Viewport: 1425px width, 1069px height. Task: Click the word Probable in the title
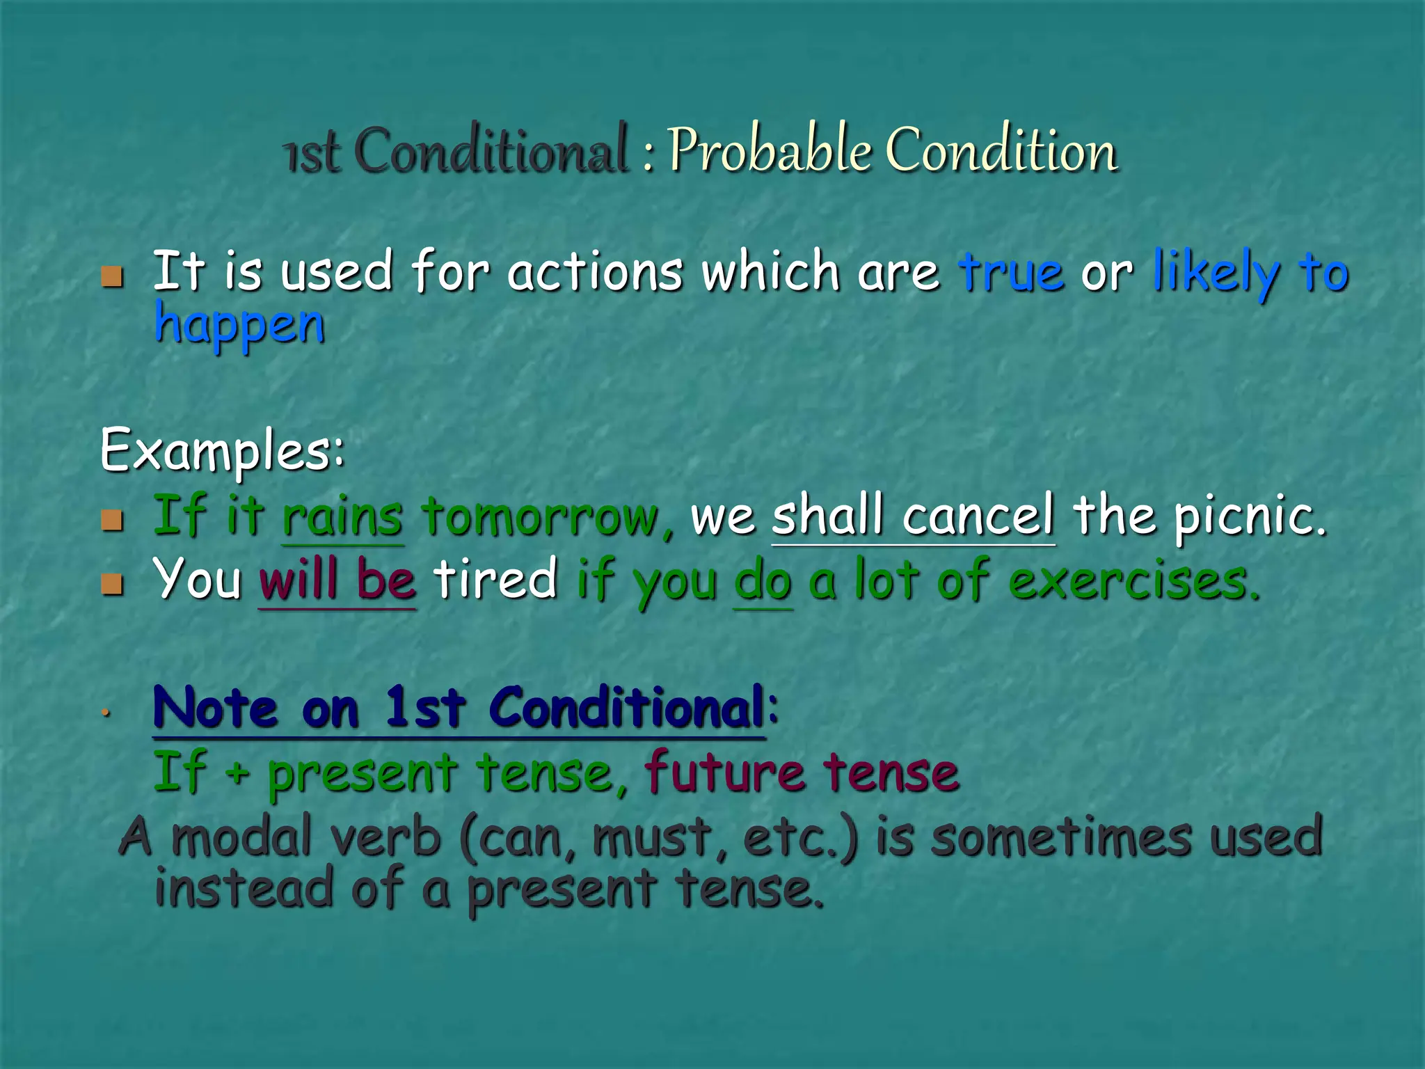coord(769,150)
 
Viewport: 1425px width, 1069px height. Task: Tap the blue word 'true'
coord(1011,271)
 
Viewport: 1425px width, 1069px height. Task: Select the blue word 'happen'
coord(239,325)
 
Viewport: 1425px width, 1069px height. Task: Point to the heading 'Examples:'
coord(222,451)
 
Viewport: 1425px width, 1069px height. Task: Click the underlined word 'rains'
coord(342,517)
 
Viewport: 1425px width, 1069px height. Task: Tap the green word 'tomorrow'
coord(541,517)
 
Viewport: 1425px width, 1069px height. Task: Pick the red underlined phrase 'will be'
coord(337,580)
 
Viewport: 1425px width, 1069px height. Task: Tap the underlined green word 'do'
coord(763,581)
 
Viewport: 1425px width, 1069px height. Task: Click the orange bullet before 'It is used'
coord(112,276)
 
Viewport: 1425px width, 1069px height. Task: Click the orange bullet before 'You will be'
coord(112,583)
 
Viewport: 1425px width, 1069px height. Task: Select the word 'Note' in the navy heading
coord(215,708)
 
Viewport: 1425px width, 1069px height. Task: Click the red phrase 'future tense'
coord(801,773)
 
